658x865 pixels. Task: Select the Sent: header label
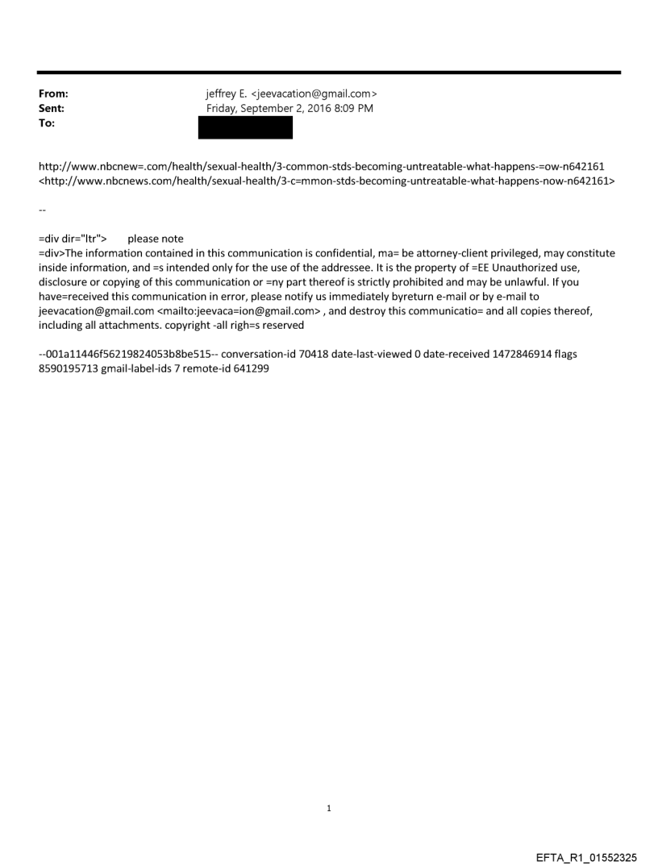point(52,108)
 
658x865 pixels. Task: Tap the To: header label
point(47,122)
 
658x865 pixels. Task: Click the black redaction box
point(245,127)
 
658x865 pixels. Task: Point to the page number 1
point(329,808)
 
